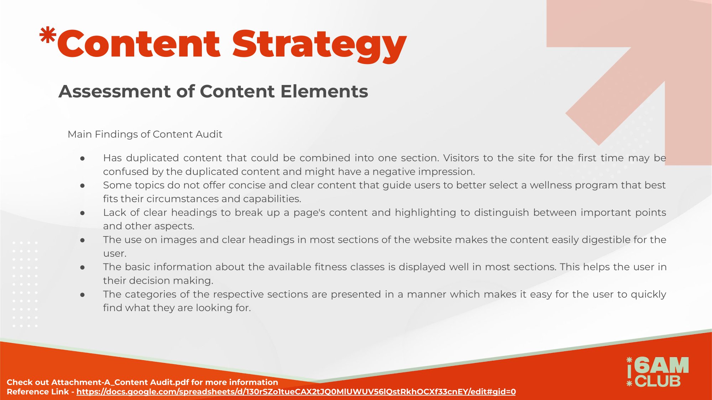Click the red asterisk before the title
pyautogui.click(x=48, y=36)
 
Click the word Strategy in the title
pyautogui.click(x=319, y=46)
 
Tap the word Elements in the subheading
pyautogui.click(x=324, y=91)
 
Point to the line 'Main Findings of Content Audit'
pyautogui.click(x=145, y=134)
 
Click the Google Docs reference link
pyautogui.click(x=296, y=392)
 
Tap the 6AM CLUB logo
pyautogui.click(x=658, y=372)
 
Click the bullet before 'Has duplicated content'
pyautogui.click(x=83, y=158)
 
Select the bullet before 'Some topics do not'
pyautogui.click(x=83, y=186)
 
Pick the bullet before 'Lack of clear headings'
pyautogui.click(x=83, y=213)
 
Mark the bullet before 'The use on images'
pyautogui.click(x=83, y=240)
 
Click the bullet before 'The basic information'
pyautogui.click(x=83, y=267)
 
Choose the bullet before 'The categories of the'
pyautogui.click(x=83, y=295)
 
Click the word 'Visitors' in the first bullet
pyautogui.click(x=461, y=158)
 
